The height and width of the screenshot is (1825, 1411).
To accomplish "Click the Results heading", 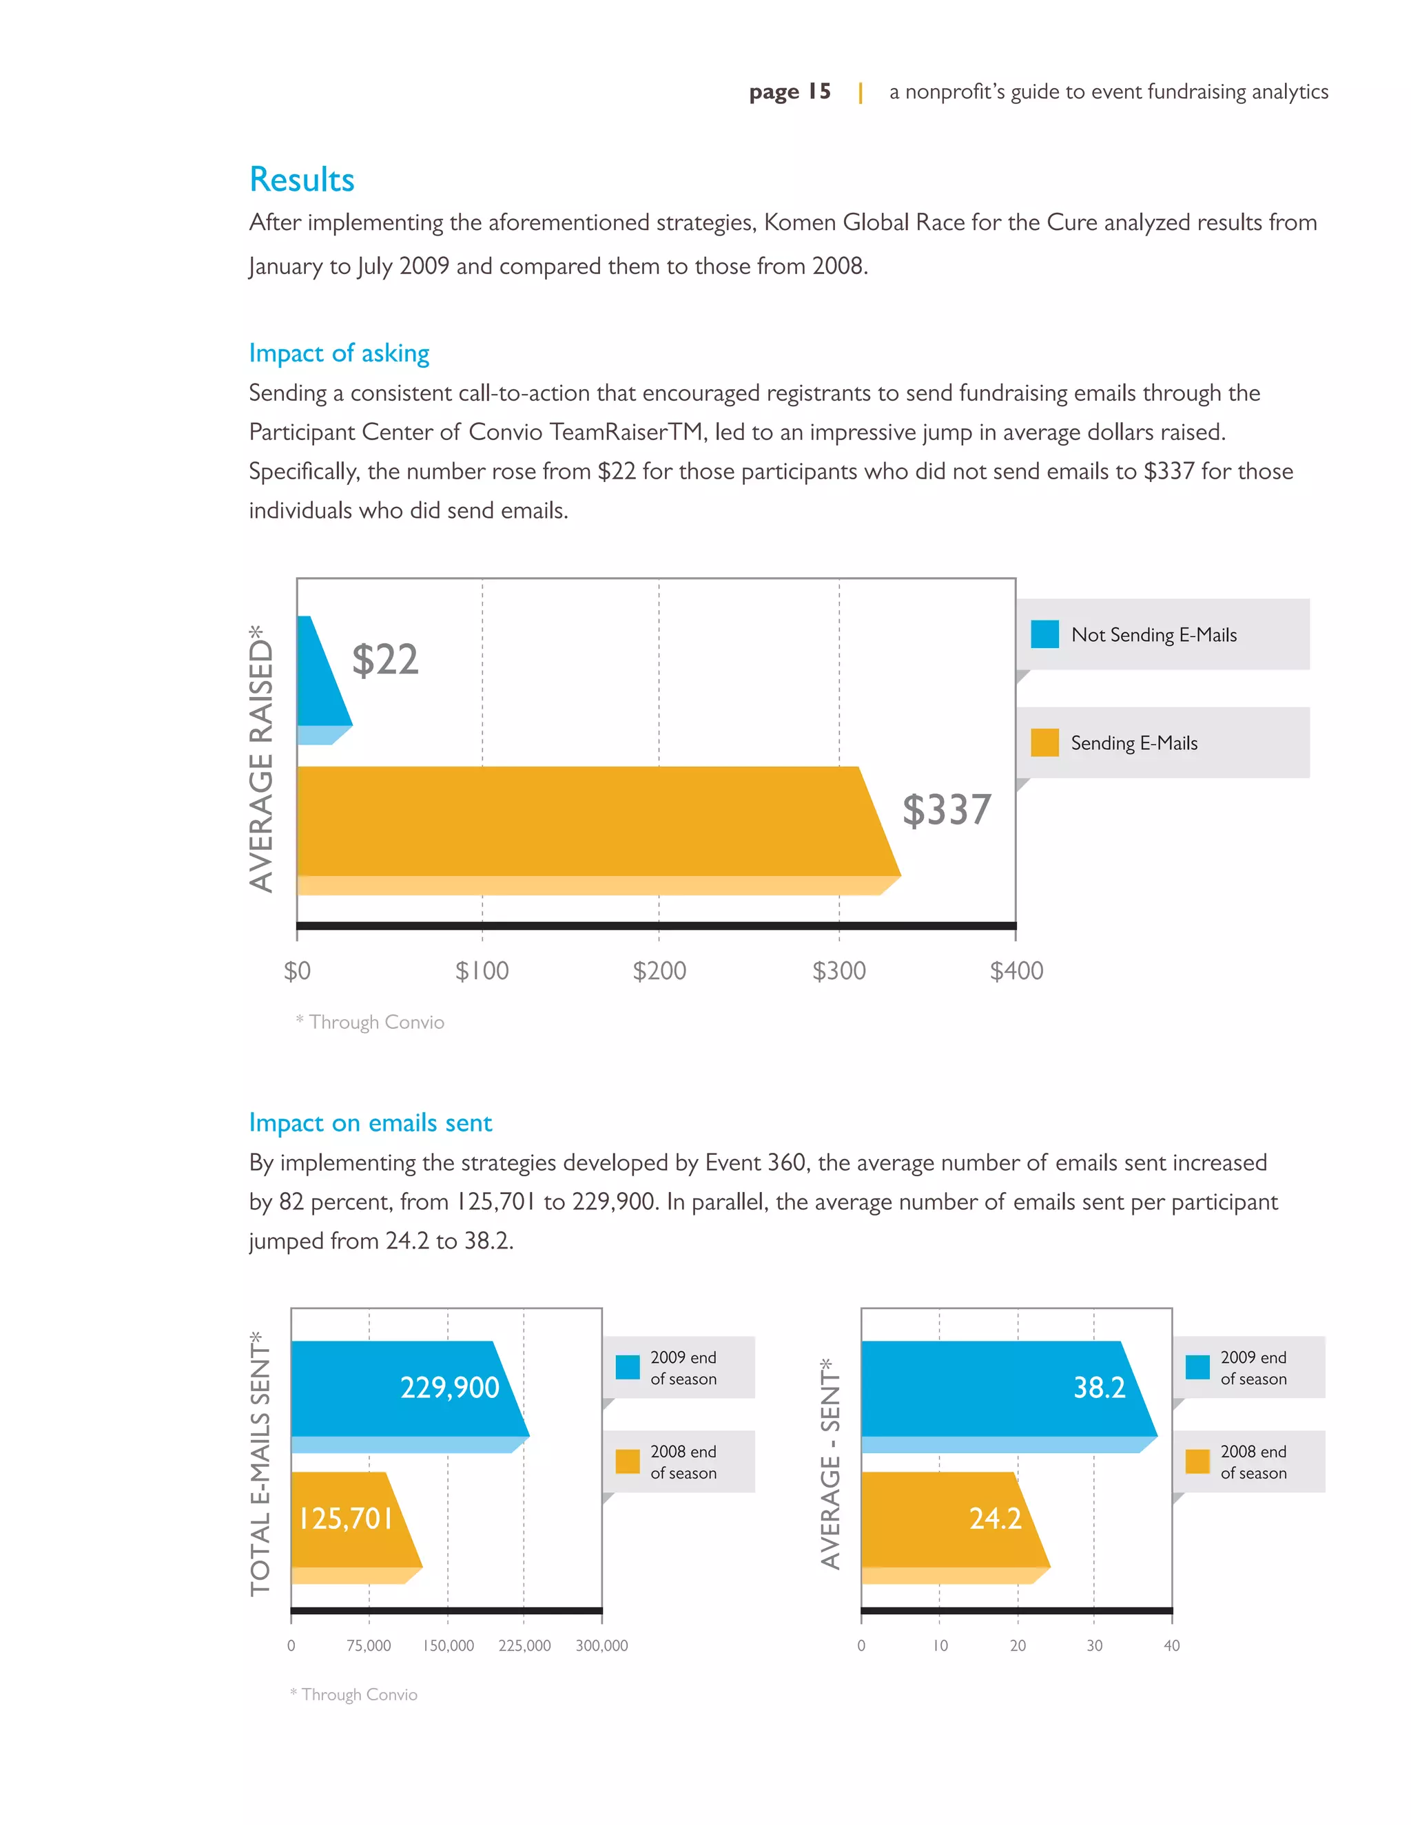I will point(302,180).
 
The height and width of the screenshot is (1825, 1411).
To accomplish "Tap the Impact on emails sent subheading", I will point(370,1123).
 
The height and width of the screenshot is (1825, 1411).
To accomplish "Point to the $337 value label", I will point(946,810).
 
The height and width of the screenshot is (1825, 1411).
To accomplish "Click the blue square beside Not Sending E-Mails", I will point(1044,634).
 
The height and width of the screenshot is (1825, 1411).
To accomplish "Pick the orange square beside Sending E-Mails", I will point(1044,743).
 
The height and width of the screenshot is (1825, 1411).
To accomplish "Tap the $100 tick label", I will point(482,971).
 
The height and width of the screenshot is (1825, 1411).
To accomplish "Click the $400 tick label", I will point(1016,971).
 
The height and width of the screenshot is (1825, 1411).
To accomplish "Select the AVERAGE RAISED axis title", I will point(262,758).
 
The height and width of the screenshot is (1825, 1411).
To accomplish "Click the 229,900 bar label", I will point(450,1388).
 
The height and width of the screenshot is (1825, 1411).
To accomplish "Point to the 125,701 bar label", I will point(346,1519).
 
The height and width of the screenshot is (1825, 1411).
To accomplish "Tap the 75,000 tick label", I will point(369,1645).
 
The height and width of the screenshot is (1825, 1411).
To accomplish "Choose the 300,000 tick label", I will point(602,1645).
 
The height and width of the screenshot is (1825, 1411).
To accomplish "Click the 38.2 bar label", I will point(1099,1388).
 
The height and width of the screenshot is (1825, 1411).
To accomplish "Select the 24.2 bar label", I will point(995,1519).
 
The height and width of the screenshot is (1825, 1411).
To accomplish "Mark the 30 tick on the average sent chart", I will point(1094,1645).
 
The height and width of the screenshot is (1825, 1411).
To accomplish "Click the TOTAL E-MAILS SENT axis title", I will point(261,1464).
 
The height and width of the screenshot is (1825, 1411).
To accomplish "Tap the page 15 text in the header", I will point(790,91).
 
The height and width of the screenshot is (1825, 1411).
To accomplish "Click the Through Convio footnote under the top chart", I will point(370,1022).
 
